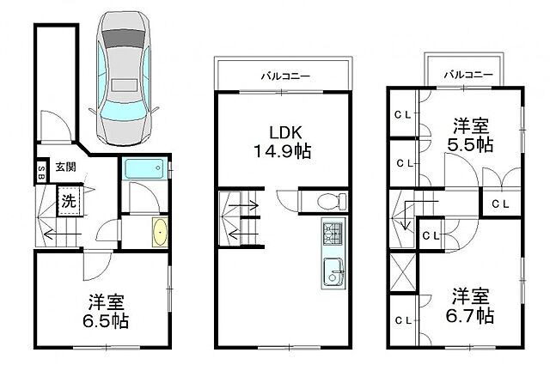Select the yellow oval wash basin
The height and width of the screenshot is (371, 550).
pyautogui.click(x=159, y=232)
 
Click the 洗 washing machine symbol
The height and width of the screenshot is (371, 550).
pyautogui.click(x=68, y=204)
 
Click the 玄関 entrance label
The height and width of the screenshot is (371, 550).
pyautogui.click(x=65, y=167)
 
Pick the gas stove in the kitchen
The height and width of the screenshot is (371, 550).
pyautogui.click(x=333, y=233)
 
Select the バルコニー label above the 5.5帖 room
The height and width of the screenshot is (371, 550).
pyautogui.click(x=469, y=74)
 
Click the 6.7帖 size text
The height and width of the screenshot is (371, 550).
pyautogui.click(x=472, y=315)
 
